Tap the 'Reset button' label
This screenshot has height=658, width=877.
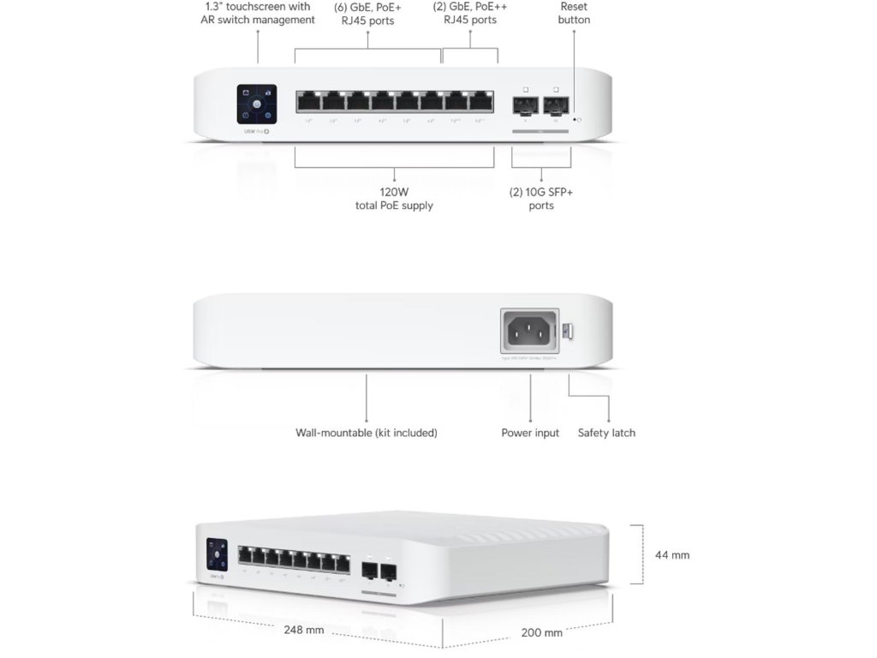pyautogui.click(x=574, y=13)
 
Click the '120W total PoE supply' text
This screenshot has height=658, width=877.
pyautogui.click(x=394, y=199)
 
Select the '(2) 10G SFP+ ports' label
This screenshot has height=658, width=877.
pyautogui.click(x=541, y=199)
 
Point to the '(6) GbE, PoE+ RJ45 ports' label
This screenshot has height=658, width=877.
pyautogui.click(x=367, y=13)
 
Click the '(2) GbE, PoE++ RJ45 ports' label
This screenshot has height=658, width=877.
pyautogui.click(x=470, y=13)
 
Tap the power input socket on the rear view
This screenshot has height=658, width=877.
pyautogui.click(x=529, y=330)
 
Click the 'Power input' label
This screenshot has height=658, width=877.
pyautogui.click(x=530, y=433)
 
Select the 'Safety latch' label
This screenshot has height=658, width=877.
pyautogui.click(x=606, y=433)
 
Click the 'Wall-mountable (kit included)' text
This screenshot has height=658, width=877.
pyautogui.click(x=367, y=433)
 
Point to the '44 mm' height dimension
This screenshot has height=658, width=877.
pyautogui.click(x=672, y=555)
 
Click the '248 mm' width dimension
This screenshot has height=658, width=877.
pyautogui.click(x=304, y=630)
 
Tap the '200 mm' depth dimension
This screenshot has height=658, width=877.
pyautogui.click(x=541, y=633)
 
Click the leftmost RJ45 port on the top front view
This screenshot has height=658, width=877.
pyautogui.click(x=309, y=102)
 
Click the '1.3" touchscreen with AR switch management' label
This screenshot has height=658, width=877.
pyautogui.click(x=257, y=13)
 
